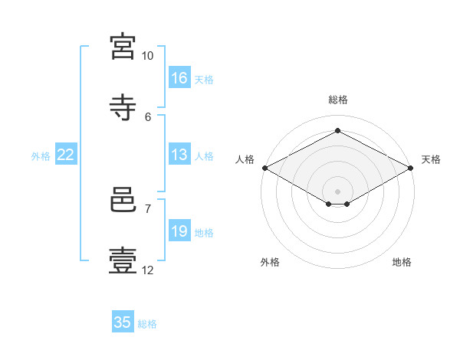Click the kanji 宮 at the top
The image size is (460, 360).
123,47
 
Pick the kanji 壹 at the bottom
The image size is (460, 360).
123,260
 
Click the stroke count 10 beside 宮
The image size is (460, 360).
148,56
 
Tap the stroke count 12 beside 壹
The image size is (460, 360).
148,270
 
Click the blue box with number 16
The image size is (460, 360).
179,78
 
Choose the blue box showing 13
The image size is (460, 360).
179,155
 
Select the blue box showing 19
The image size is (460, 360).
179,231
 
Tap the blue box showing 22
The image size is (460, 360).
66,155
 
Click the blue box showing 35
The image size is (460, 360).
123,322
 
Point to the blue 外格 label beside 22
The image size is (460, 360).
41,156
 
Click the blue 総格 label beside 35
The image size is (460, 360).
147,324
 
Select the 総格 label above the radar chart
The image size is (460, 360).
338,100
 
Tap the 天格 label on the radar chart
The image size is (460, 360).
431,159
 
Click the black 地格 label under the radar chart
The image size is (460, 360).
402,263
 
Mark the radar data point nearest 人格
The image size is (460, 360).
264,168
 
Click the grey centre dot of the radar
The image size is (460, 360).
338,191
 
